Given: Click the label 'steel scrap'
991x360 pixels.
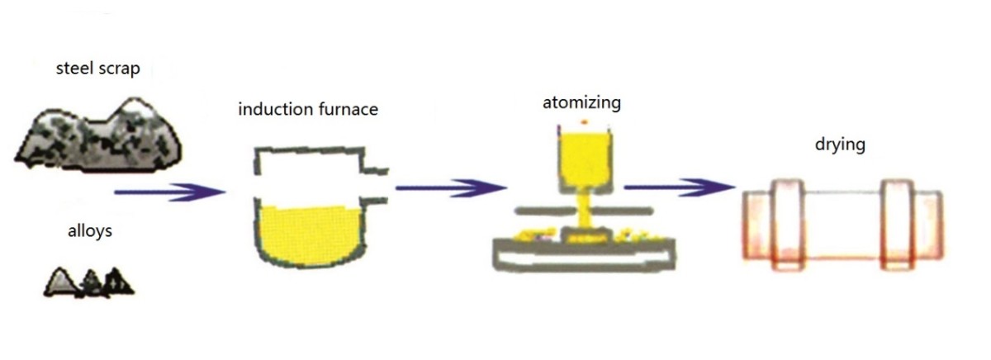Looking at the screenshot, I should point(97,69).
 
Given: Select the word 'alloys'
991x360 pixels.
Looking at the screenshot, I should point(89,231).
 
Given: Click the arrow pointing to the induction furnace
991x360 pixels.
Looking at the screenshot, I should point(169,192).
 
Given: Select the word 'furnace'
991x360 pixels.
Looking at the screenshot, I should point(345,108).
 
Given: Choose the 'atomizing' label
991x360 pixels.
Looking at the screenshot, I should point(581,102).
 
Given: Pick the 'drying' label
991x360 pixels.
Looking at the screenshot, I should point(838,145).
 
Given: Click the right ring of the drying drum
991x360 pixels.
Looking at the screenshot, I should point(898,224).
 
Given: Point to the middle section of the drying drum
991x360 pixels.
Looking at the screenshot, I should point(842,225).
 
